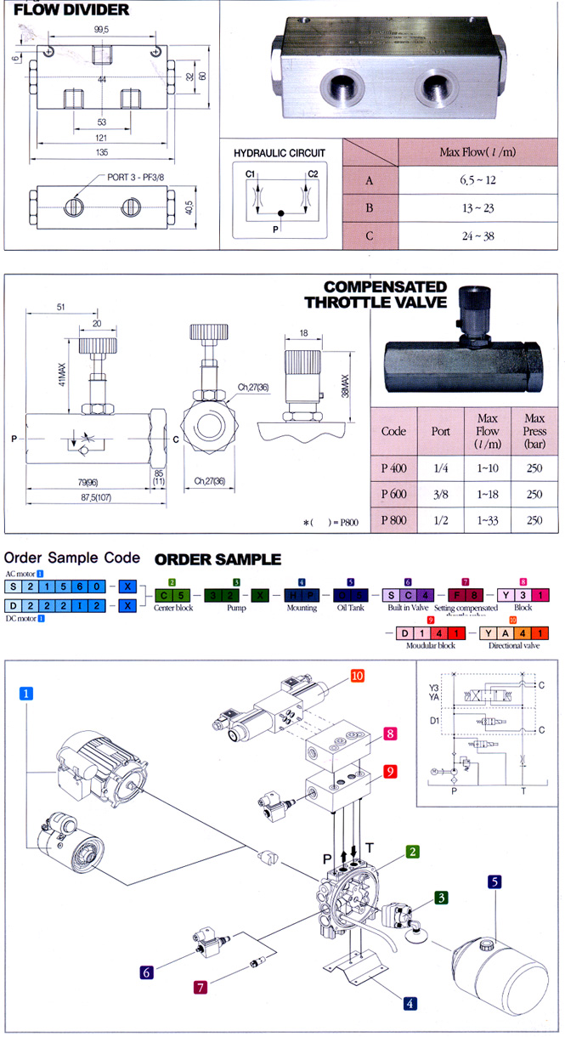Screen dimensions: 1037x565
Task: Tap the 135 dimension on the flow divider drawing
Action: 101,154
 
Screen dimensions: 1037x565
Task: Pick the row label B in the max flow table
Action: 369,208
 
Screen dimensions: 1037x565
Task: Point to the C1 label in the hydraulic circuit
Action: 251,174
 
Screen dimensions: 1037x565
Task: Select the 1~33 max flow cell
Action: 488,520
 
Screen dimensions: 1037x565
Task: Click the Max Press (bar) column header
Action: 534,431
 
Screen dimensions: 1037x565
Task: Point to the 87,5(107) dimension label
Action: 88,498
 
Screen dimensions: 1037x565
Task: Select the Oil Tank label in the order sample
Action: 349,608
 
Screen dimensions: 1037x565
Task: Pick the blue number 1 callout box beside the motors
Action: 28,694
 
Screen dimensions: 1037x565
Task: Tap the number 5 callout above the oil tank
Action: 494,883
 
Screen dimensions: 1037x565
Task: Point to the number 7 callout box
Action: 201,987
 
